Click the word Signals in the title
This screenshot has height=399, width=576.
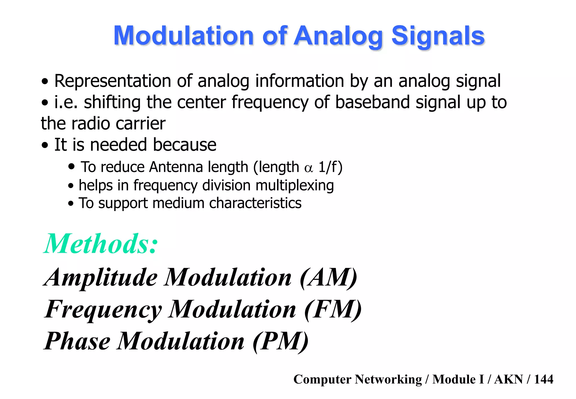(x=438, y=36)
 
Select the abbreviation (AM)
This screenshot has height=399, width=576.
(x=328, y=277)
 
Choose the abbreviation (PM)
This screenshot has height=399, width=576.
(x=280, y=341)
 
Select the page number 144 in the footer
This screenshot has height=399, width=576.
(x=543, y=379)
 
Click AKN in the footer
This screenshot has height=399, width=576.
(x=508, y=379)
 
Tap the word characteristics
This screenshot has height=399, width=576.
(x=255, y=203)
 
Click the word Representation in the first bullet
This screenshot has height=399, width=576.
(x=112, y=81)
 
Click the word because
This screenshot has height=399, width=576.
(x=184, y=145)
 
